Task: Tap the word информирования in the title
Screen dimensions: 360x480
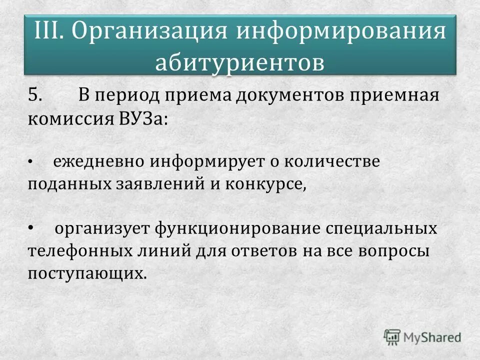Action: (x=340, y=32)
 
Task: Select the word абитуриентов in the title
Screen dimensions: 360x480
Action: (x=240, y=62)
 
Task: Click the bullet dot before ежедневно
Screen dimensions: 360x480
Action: (x=30, y=162)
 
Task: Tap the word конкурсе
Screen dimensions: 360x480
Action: (x=263, y=184)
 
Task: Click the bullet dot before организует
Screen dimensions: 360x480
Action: (x=30, y=228)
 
